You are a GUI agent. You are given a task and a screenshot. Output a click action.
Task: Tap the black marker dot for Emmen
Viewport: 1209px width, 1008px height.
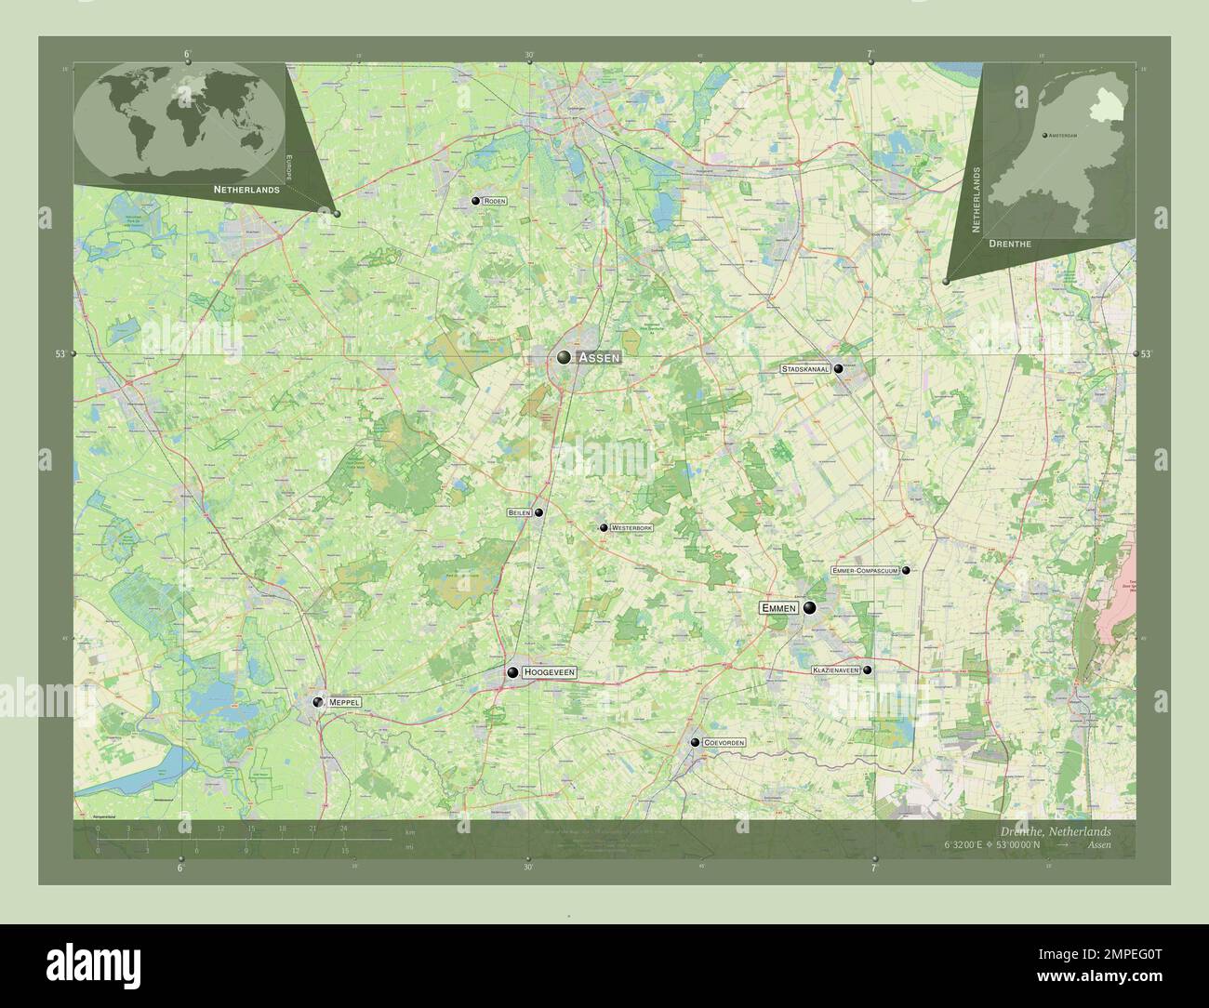coord(810,608)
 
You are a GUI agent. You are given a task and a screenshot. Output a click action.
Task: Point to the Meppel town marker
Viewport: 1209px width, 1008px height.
coord(318,702)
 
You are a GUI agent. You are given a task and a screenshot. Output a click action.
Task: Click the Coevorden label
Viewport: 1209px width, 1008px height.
coord(724,742)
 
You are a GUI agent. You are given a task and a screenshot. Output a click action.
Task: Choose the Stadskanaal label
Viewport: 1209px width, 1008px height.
coord(805,369)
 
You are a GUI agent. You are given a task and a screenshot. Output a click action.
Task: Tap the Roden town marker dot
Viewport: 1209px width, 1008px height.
coord(475,201)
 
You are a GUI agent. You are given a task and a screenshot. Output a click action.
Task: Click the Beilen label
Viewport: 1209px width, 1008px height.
coord(519,512)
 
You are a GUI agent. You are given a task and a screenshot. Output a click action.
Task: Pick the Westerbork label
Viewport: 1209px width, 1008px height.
coord(632,527)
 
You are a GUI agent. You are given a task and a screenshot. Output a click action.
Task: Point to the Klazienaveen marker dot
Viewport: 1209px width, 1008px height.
coord(868,670)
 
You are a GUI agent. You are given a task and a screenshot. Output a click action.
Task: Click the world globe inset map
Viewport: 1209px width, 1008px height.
coord(179,123)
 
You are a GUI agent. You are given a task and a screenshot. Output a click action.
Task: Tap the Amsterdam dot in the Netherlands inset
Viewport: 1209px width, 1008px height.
coord(1043,136)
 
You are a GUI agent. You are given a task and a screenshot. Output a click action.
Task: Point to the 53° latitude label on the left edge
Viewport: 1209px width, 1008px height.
coord(60,354)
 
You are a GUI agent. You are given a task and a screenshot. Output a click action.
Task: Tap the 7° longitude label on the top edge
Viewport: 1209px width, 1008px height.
coord(870,55)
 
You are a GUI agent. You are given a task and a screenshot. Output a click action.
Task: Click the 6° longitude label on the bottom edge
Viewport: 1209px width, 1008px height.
coord(181,867)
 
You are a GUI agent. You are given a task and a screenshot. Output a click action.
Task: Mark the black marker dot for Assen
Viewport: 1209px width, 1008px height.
coord(565,357)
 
